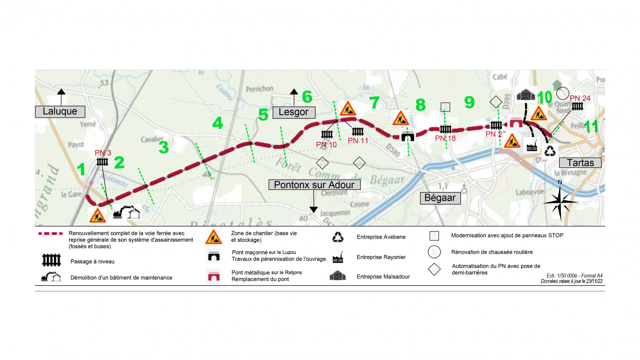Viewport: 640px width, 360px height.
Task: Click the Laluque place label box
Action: pos(60,112)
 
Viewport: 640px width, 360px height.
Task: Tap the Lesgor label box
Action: pos(294,112)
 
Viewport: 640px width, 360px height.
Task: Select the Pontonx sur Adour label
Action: pos(314,185)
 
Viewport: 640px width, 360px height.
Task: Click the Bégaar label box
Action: pos(440,198)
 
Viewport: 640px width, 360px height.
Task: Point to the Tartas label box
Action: pos(580,163)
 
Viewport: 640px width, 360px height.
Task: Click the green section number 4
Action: pos(218,123)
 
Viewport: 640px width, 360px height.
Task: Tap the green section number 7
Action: pos(374,103)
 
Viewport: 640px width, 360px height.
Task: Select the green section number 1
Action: pos(81,169)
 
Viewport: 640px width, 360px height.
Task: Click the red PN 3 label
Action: pos(103,153)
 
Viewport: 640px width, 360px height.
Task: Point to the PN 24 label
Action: pos(580,98)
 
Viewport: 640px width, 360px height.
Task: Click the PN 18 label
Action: pos(445,138)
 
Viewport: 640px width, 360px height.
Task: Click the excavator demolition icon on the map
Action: pos(127,212)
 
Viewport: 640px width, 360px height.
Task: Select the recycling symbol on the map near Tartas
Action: pos(550,151)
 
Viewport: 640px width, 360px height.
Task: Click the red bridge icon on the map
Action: pos(516,123)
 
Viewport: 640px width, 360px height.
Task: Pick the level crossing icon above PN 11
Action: pos(358,131)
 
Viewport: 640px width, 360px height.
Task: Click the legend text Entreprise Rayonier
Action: pos(381,257)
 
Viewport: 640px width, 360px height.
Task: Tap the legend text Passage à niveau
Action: pos(92,262)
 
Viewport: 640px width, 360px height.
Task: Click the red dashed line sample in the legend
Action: pos(50,234)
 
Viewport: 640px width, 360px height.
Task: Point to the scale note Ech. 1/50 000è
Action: pos(574,276)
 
